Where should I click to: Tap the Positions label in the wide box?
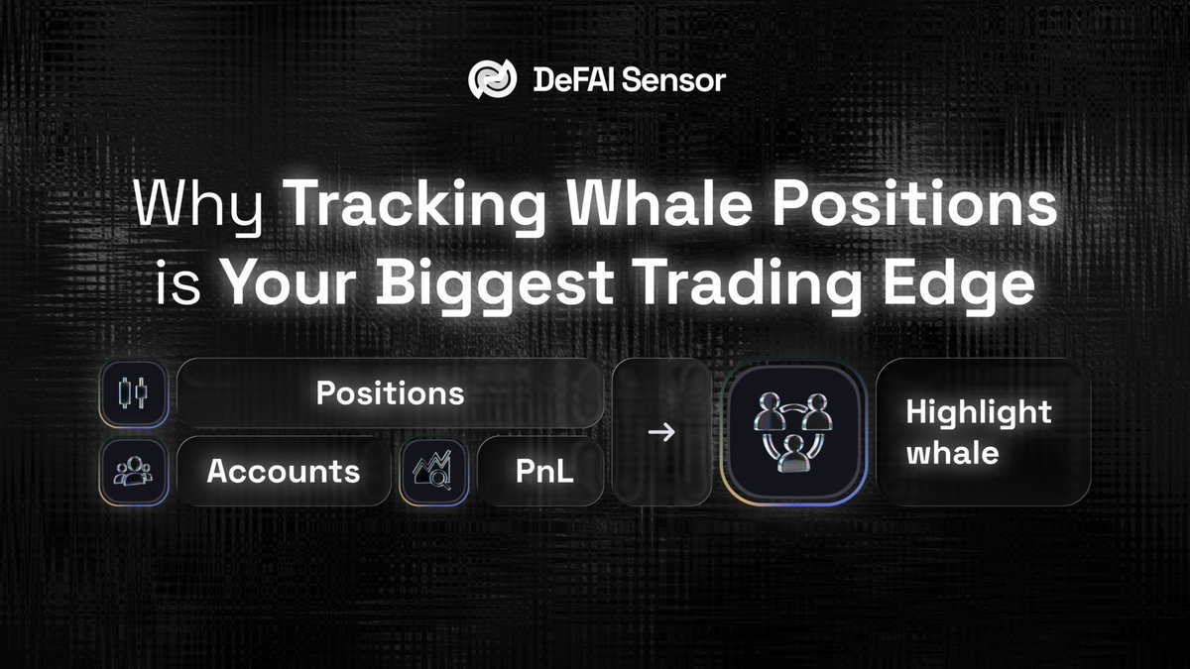[390, 393]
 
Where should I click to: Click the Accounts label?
[283, 471]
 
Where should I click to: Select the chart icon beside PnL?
[433, 471]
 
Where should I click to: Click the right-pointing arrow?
[660, 433]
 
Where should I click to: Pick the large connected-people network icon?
[793, 433]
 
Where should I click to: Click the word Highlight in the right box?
[979, 412]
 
